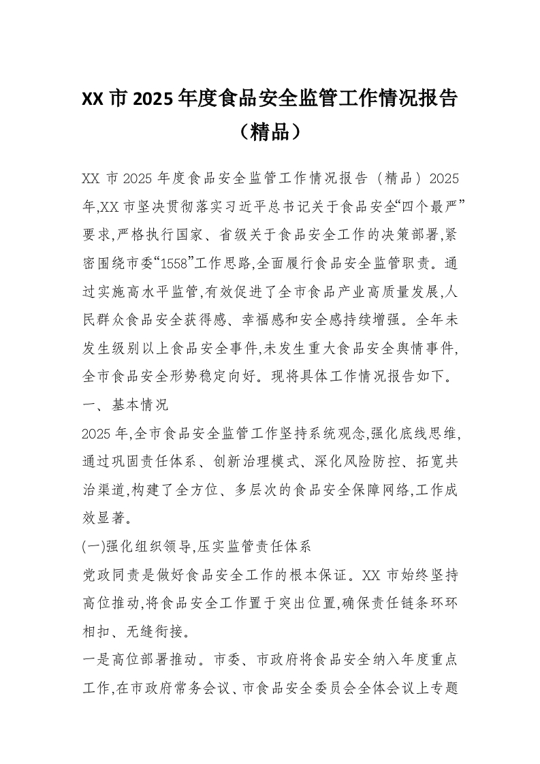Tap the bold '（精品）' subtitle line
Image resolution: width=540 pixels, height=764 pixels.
click(x=270, y=131)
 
